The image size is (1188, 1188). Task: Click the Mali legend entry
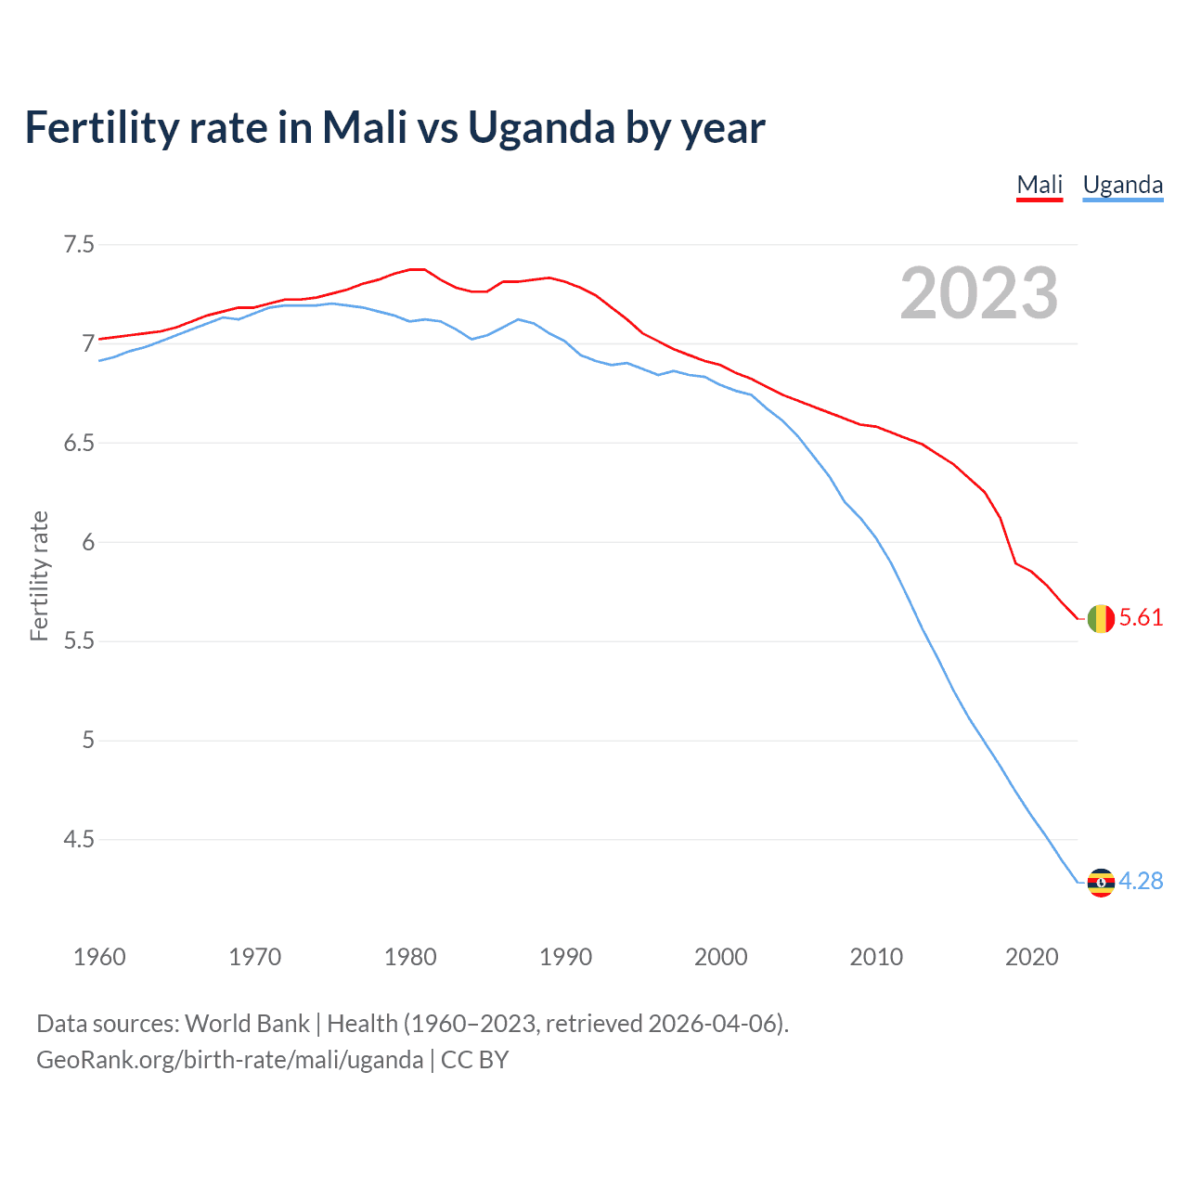tap(1039, 185)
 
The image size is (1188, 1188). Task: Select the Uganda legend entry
tap(1123, 185)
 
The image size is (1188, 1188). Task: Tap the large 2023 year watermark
tap(979, 293)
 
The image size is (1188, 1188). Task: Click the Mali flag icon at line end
tap(1101, 618)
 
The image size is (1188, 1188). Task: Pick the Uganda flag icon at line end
tap(1101, 882)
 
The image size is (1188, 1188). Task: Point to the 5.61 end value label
tap(1141, 618)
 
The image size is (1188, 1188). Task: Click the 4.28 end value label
tap(1141, 882)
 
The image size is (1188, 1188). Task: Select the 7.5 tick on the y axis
tap(79, 245)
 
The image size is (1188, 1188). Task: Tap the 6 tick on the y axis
tap(88, 542)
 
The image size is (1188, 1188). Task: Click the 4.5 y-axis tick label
tap(79, 840)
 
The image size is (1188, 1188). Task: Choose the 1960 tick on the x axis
tap(99, 957)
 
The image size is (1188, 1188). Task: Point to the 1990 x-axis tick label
tap(565, 957)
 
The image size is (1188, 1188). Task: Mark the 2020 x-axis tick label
tap(1031, 957)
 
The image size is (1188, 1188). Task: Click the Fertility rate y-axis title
tap(39, 575)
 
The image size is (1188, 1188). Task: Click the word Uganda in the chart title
tap(541, 128)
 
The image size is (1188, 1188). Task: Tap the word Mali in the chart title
tap(365, 128)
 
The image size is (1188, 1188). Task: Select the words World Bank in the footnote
tap(247, 1024)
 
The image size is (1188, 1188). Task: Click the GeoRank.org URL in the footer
tap(229, 1060)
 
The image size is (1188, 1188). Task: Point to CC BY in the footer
tap(474, 1060)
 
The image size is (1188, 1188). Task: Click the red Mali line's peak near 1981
tap(417, 269)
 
